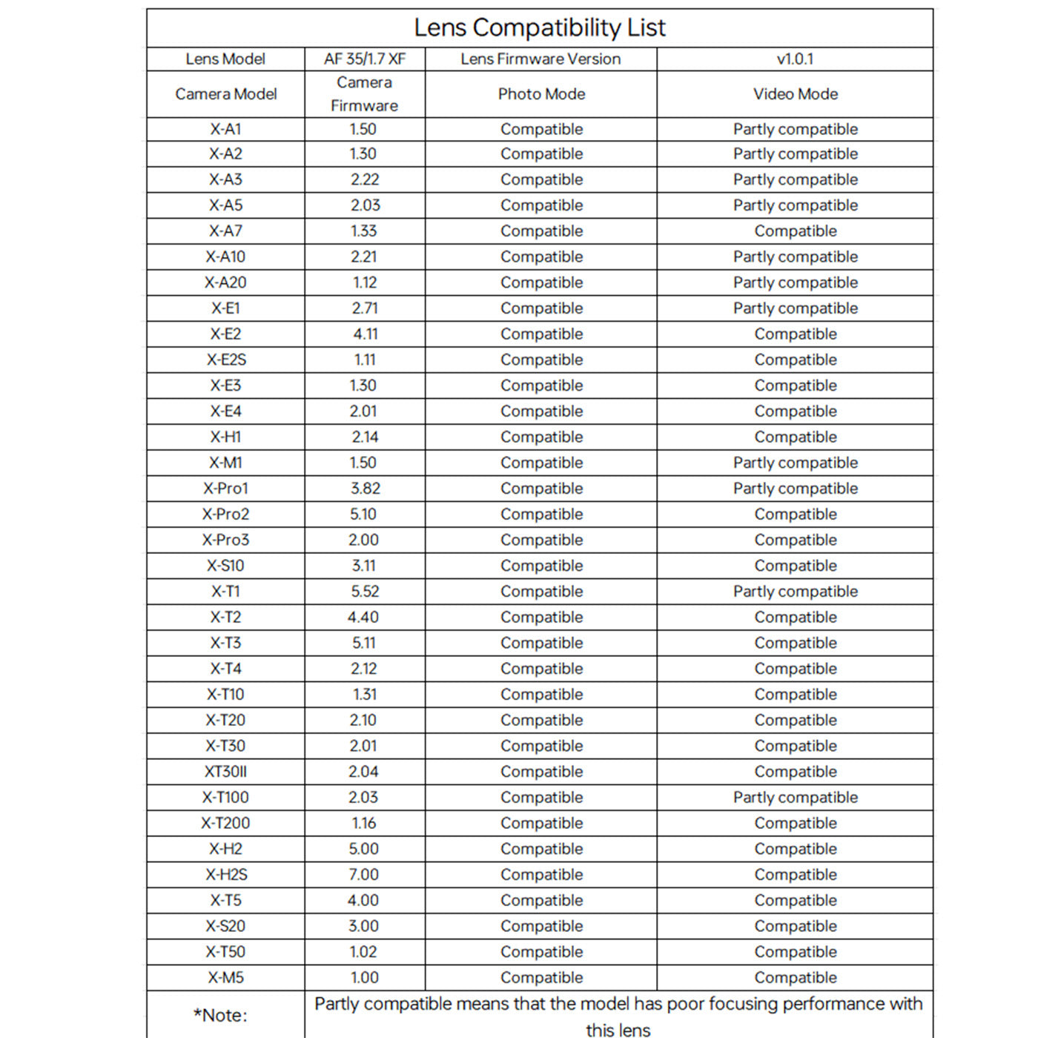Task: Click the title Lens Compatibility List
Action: [x=539, y=28]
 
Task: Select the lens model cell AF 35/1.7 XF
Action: [x=364, y=59]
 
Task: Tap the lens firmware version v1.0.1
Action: [x=795, y=59]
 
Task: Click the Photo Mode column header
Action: [x=541, y=94]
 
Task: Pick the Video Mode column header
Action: [x=795, y=94]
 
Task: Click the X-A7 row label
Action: [x=225, y=231]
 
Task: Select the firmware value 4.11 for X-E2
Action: [x=365, y=334]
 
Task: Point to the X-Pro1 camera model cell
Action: [x=225, y=489]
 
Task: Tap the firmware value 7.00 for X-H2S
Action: [x=364, y=875]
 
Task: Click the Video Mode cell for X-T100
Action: [x=795, y=798]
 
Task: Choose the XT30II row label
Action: [x=225, y=772]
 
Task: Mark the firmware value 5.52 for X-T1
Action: [x=365, y=592]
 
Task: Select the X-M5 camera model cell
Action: [x=225, y=978]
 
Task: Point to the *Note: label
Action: [x=220, y=1015]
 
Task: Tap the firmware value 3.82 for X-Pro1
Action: [x=365, y=489]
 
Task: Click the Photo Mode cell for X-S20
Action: [x=541, y=926]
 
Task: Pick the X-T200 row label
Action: [x=225, y=823]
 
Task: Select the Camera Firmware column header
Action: [x=364, y=94]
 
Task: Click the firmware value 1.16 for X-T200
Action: [x=364, y=823]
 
